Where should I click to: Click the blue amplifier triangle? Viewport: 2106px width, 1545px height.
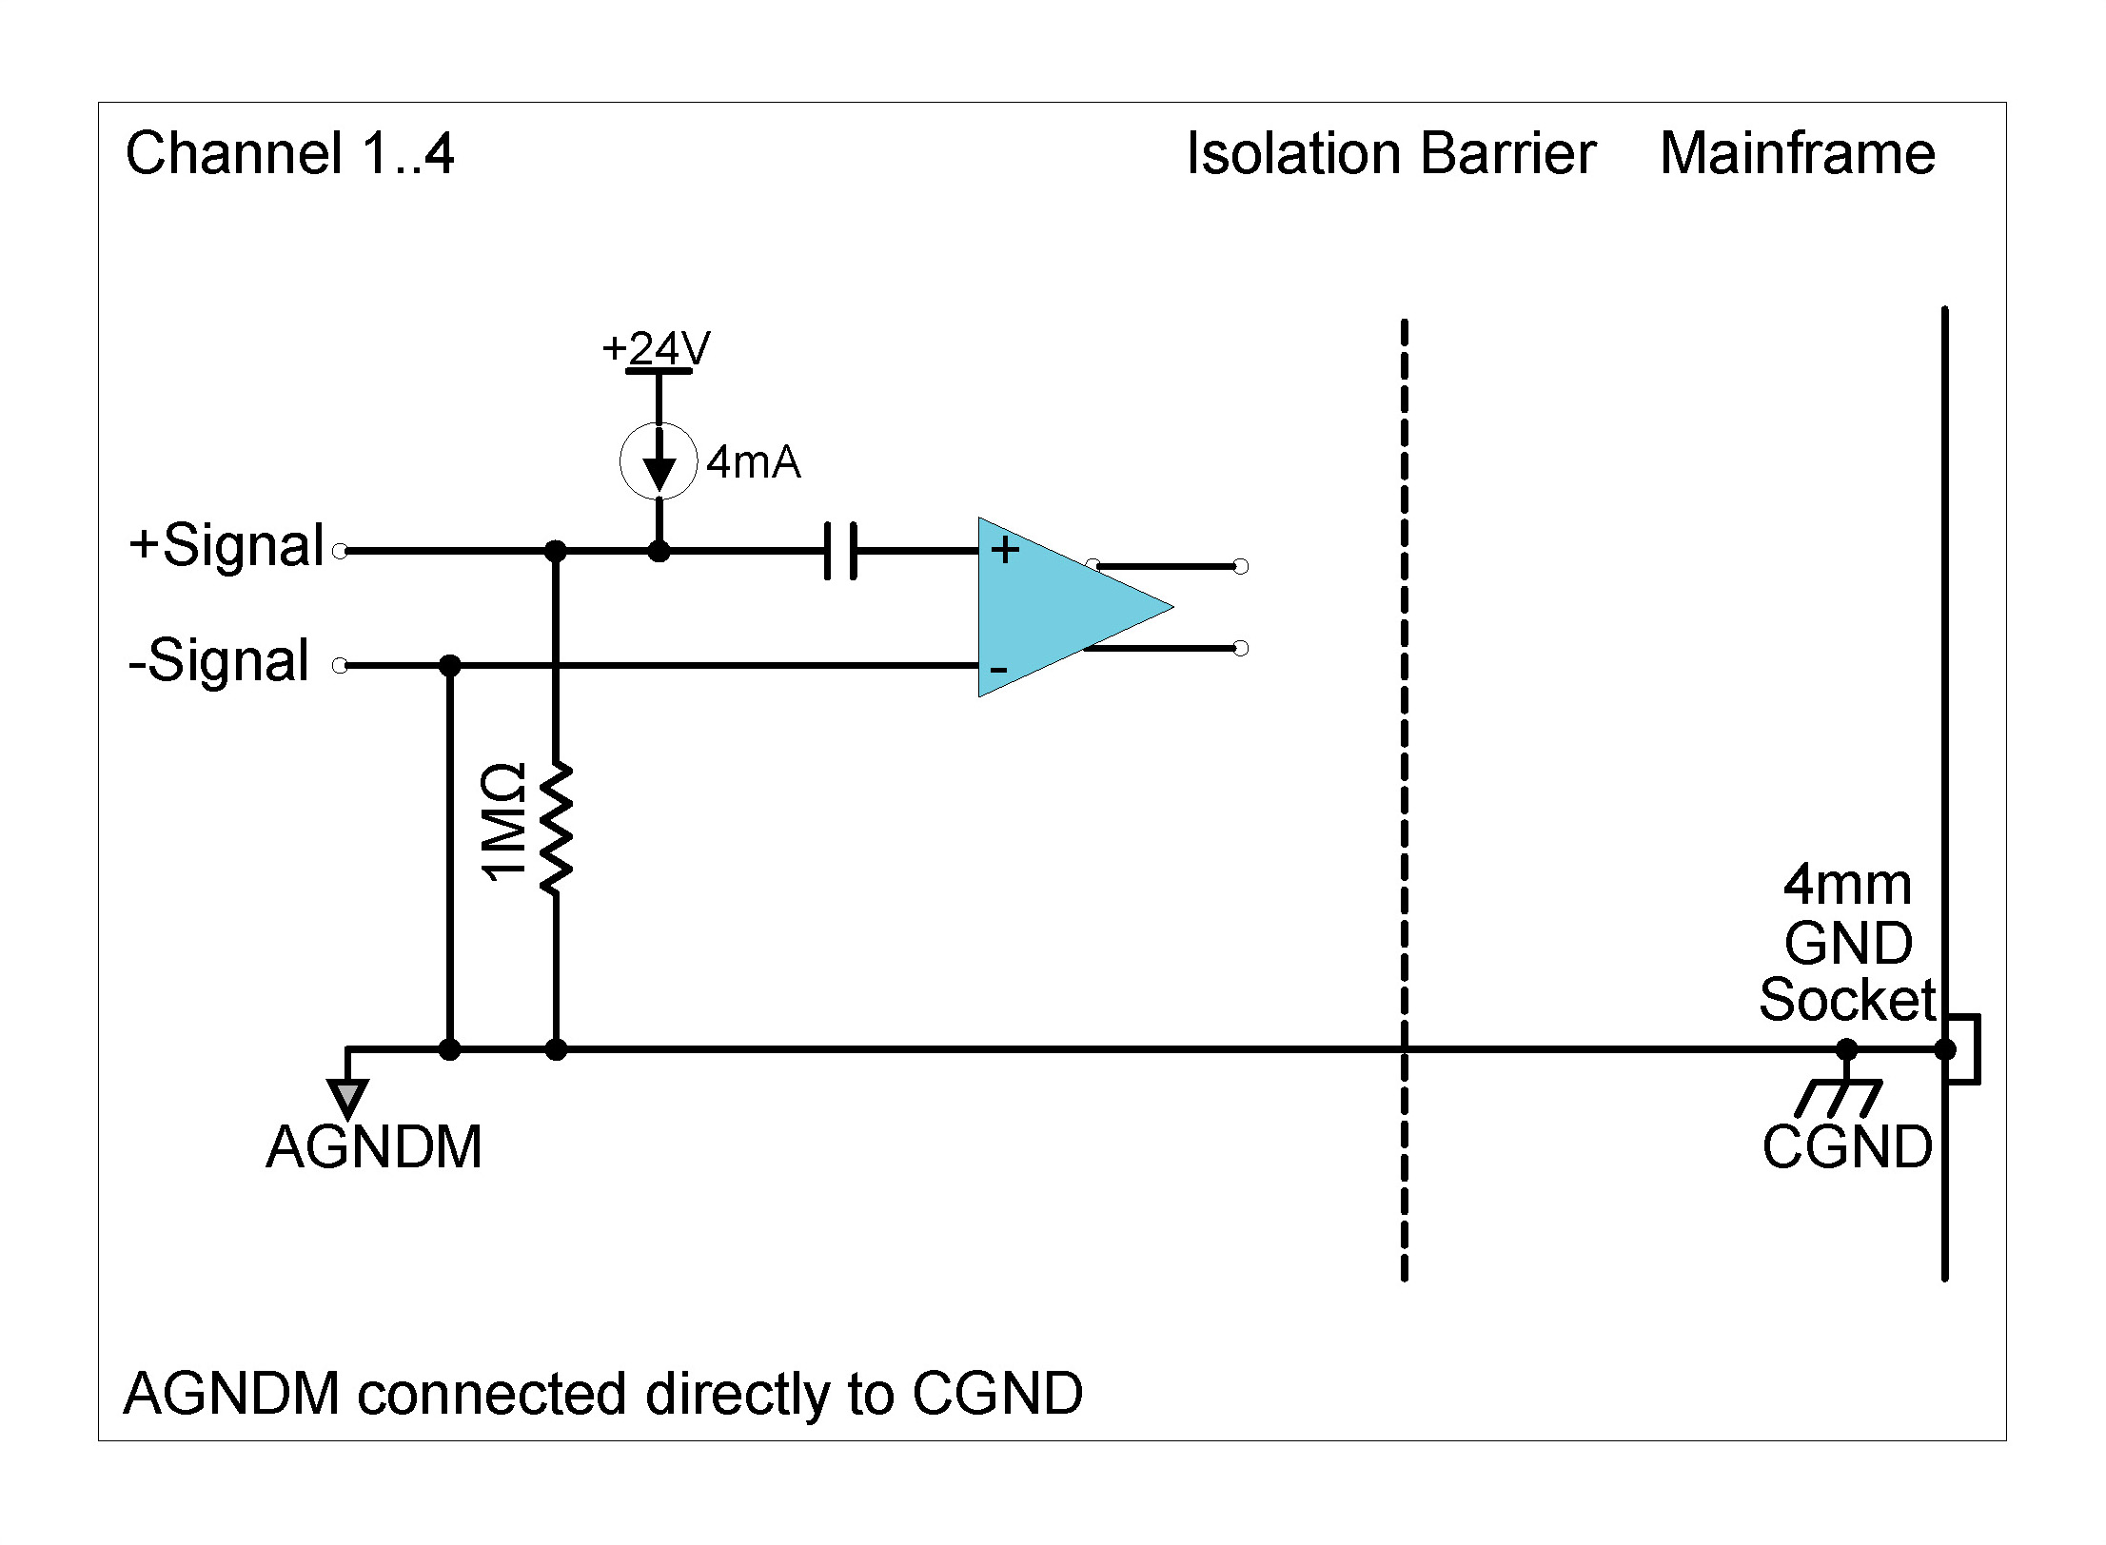point(1056,607)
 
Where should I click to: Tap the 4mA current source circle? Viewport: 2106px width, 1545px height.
point(659,461)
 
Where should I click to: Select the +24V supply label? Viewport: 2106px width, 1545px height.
point(657,348)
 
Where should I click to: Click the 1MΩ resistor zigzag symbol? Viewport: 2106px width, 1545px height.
point(556,827)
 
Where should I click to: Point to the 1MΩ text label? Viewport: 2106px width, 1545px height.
point(502,822)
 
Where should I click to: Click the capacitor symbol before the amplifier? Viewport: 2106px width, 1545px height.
point(840,550)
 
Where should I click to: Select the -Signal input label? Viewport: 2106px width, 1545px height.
point(219,660)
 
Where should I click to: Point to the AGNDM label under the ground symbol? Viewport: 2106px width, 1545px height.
point(374,1147)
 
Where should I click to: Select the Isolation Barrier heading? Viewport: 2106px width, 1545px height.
point(1390,154)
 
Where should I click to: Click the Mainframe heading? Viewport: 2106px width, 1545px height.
point(1797,154)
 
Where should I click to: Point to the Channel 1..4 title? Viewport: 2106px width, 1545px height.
point(290,154)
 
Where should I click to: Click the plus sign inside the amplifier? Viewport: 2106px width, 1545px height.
point(1005,550)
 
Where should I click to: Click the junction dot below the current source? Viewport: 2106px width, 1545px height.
point(659,551)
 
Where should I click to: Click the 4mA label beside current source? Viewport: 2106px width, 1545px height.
point(753,462)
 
